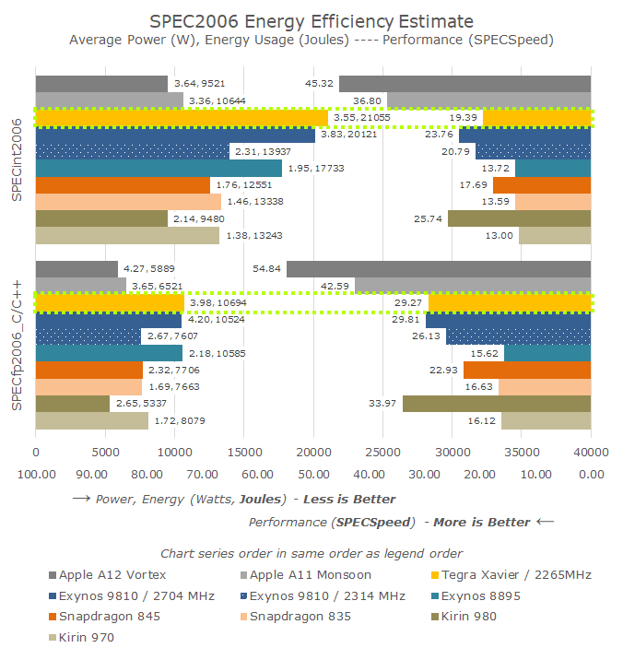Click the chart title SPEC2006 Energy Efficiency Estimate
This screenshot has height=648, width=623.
tap(311, 20)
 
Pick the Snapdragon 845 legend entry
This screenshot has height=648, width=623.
tap(103, 617)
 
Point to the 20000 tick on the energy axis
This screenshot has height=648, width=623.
tap(313, 453)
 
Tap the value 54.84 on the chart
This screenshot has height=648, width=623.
tap(267, 268)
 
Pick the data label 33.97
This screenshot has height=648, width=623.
tap(382, 403)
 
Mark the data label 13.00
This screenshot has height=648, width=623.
tap(500, 235)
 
